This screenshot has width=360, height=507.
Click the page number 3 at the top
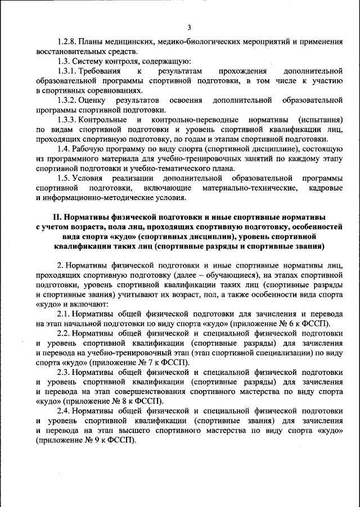click(189, 28)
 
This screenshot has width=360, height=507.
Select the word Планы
click(92, 42)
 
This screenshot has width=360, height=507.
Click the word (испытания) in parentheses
click(321, 120)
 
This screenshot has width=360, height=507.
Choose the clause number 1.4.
click(64, 149)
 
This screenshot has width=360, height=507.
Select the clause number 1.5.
click(64, 178)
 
